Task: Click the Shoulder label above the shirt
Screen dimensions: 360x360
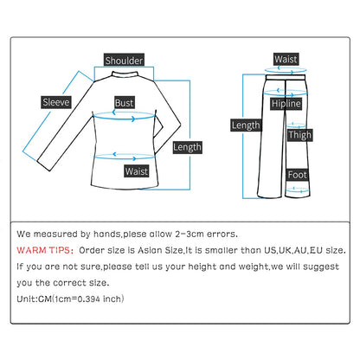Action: (124, 60)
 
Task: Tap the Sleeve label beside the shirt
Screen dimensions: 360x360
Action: (56, 102)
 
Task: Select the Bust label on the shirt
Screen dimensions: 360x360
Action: (125, 102)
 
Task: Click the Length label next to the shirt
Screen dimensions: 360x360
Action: (187, 147)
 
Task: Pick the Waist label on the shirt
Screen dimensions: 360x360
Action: (136, 170)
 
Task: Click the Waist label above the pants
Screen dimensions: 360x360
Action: (286, 59)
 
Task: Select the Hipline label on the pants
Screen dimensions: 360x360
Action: (286, 104)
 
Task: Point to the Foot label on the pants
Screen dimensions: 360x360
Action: (297, 174)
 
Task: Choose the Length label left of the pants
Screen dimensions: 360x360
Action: (245, 125)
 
